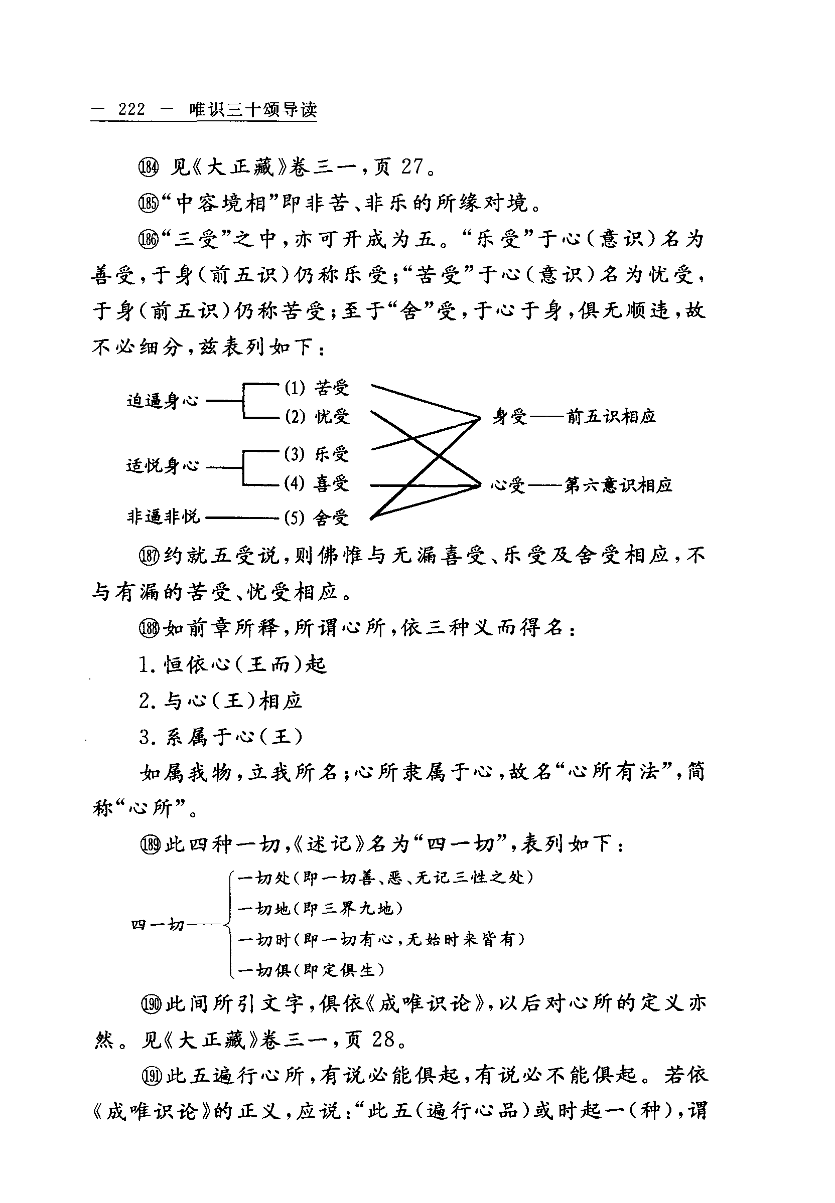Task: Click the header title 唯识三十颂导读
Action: tap(253, 109)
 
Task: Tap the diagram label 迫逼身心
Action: tap(163, 401)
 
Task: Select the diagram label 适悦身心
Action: tap(163, 465)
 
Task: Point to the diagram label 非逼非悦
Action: tap(163, 517)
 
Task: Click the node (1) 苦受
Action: tap(317, 388)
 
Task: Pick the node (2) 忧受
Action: tap(317, 417)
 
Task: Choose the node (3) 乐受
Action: tap(317, 454)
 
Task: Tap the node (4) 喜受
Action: tap(317, 483)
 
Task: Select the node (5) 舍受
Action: tap(317, 518)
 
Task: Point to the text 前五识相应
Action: tap(611, 417)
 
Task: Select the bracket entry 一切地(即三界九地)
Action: tap(320, 909)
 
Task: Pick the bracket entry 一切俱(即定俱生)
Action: tap(311, 970)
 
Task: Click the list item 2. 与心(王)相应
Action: tap(220, 701)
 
